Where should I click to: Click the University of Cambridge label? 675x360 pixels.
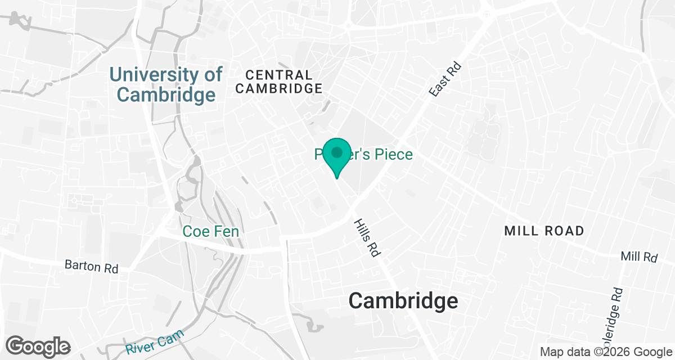pos(166,84)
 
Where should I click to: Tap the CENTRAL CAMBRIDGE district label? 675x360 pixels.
pos(279,82)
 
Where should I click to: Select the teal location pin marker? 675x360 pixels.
pos(336,157)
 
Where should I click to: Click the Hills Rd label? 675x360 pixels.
pos(366,238)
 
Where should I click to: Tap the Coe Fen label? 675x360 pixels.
pos(211,231)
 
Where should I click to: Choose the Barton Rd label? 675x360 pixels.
pos(91,265)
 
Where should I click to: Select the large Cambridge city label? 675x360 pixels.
pos(403,300)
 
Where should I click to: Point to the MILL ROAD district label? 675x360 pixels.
pos(544,231)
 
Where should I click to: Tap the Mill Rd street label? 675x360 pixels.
pos(639,257)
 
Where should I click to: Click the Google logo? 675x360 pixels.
pos(39,345)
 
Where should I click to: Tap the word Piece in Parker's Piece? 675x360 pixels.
pos(391,155)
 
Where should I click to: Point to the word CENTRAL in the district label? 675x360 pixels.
pos(279,75)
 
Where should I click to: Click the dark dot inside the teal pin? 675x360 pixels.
pos(336,152)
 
